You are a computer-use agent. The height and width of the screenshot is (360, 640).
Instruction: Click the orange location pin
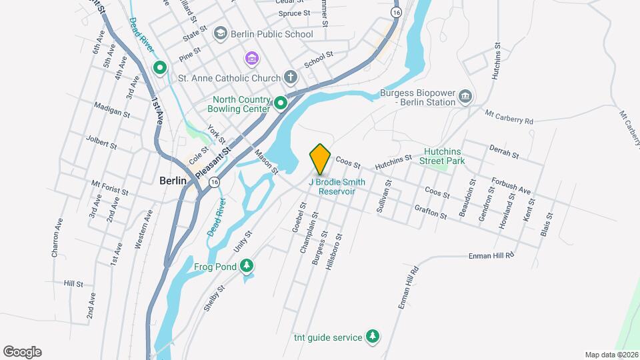[x=320, y=159]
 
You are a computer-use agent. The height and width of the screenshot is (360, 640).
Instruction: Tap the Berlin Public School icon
[x=219, y=33]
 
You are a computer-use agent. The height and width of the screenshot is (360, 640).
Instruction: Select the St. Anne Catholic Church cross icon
[x=290, y=77]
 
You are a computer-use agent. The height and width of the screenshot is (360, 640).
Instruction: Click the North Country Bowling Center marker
[x=281, y=103]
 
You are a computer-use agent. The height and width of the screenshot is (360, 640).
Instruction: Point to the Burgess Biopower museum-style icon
[x=465, y=98]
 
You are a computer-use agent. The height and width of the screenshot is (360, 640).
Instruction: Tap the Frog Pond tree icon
[x=247, y=267]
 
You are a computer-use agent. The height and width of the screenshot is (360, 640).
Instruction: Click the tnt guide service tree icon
[x=373, y=337]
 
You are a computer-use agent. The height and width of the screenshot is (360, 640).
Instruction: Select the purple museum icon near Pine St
[x=251, y=59]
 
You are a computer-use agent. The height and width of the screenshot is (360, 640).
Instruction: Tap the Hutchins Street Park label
[x=445, y=155]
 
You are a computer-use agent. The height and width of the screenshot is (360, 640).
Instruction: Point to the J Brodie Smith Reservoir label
[x=337, y=187]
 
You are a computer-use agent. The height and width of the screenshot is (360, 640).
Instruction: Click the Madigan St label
[x=111, y=110]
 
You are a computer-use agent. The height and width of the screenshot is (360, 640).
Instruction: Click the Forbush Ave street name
[x=511, y=186]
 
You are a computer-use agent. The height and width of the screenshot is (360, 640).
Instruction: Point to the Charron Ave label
[x=57, y=238]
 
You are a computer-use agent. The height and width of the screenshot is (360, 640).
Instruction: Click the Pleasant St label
[x=214, y=162]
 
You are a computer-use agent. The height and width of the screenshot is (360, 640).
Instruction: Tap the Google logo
[x=22, y=351]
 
